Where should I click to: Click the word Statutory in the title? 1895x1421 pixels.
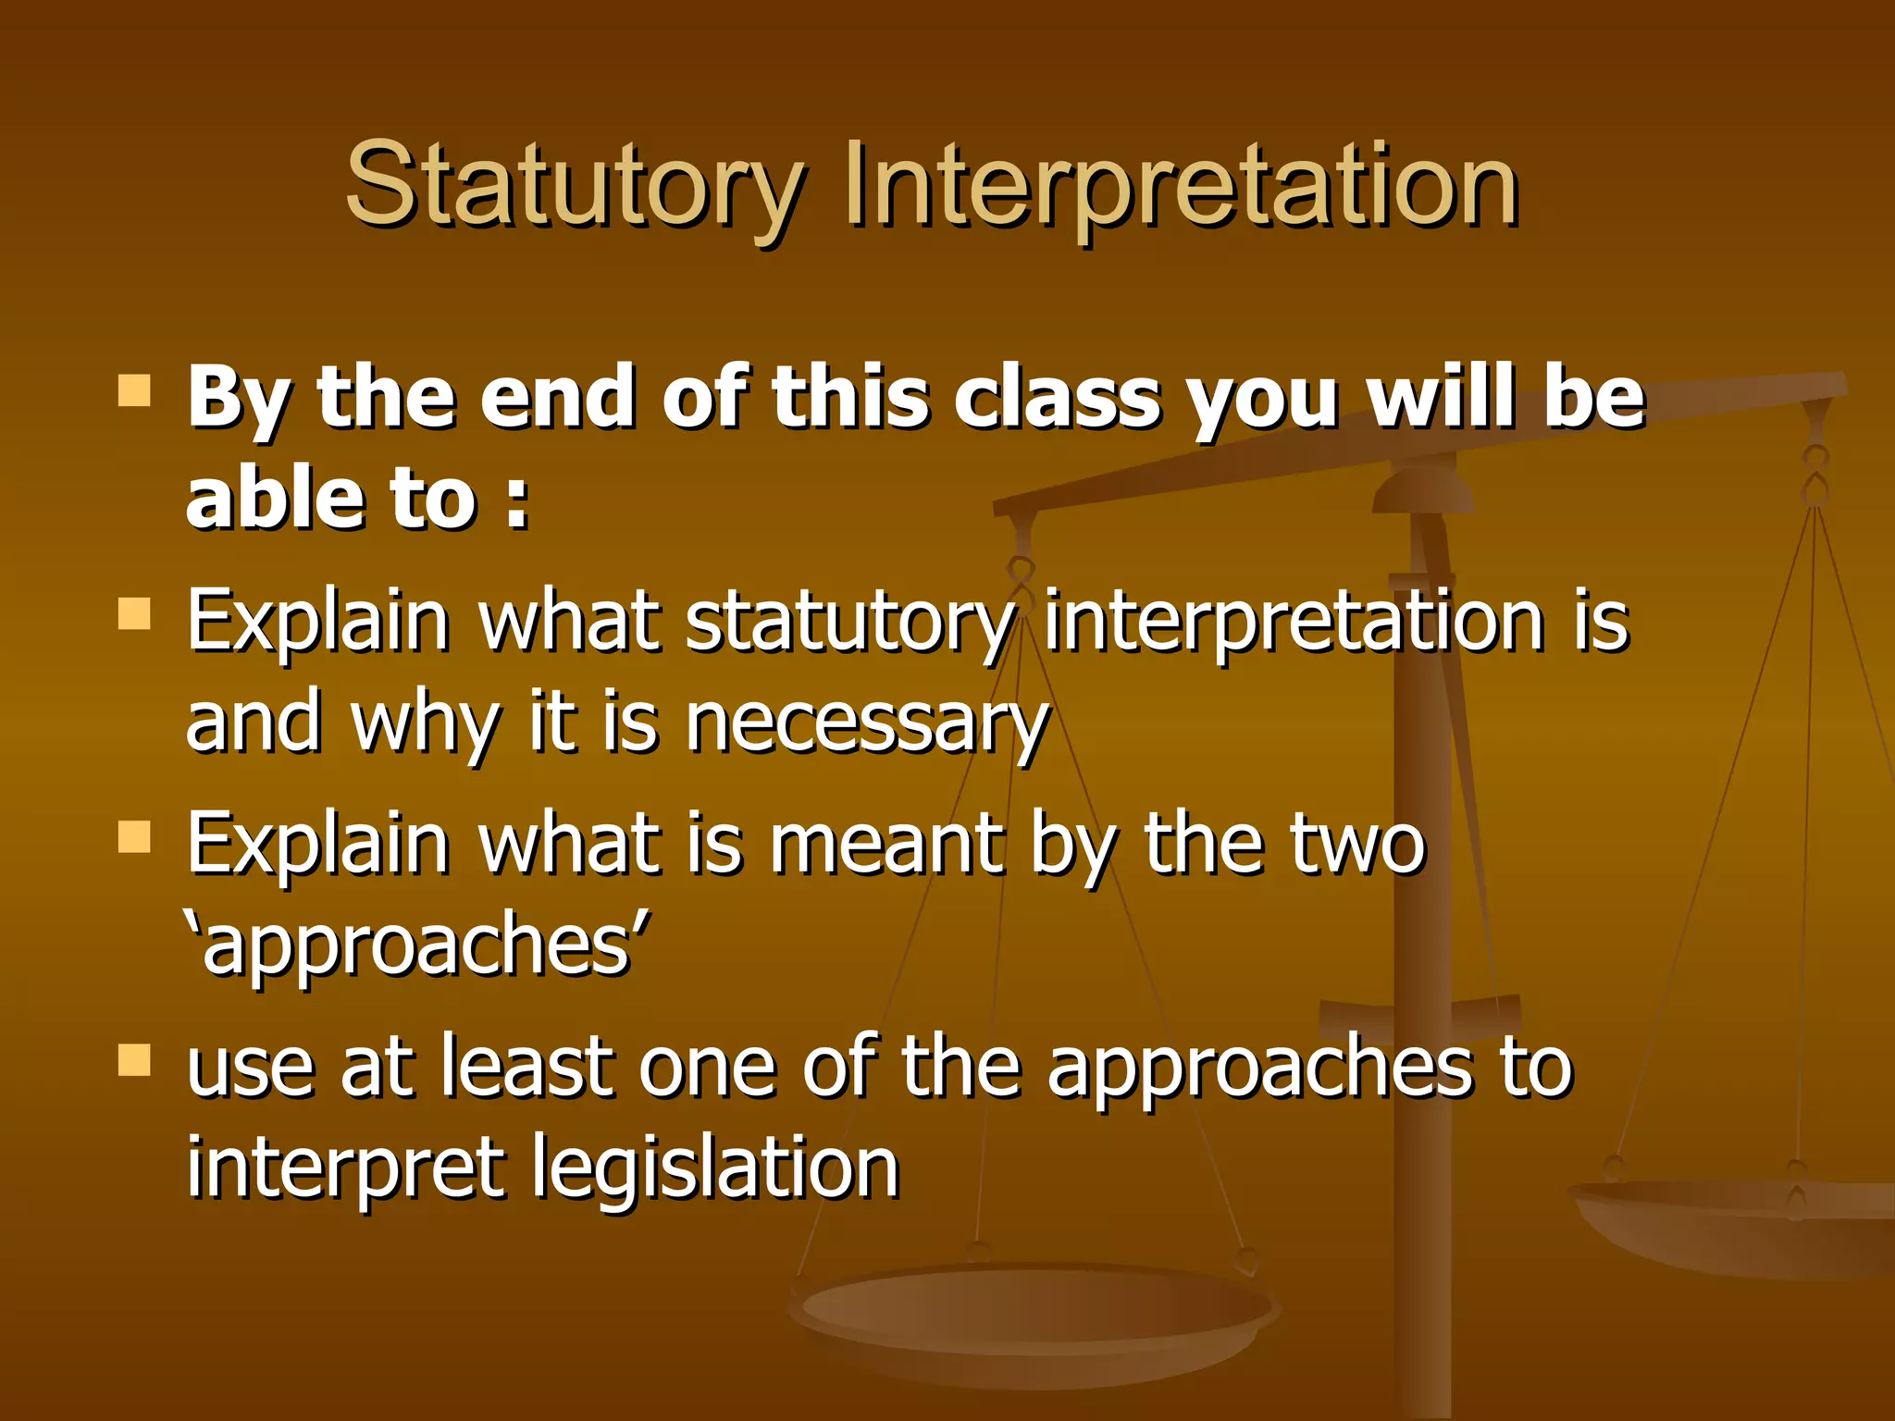[x=574, y=185]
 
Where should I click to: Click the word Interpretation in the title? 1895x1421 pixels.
[x=1181, y=185]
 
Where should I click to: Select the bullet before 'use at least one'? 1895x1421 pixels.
[x=134, y=1060]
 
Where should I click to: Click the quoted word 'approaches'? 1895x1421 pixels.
[x=418, y=946]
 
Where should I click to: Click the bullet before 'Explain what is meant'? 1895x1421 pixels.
[x=134, y=837]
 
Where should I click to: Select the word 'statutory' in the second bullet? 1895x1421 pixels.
[x=848, y=622]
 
